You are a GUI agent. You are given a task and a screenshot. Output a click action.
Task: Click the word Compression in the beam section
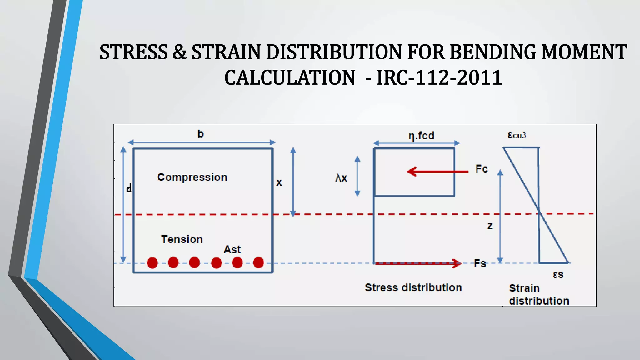coord(192,177)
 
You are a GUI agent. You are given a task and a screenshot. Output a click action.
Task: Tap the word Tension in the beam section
coord(182,239)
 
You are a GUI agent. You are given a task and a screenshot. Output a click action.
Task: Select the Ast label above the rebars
coord(232,249)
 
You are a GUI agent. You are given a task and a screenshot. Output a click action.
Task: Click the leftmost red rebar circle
coord(152,263)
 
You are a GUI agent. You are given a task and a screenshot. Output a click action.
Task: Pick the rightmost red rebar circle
coord(258,263)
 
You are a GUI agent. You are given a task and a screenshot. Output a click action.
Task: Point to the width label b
coord(201,134)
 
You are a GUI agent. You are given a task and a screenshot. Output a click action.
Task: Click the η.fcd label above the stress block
coord(421,136)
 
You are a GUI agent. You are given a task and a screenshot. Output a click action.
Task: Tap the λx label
coord(341,178)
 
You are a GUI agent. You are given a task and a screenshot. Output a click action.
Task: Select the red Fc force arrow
coord(437,172)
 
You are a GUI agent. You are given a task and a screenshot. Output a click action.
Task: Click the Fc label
coord(482,169)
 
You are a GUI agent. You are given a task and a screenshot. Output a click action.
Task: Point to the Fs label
coord(480,263)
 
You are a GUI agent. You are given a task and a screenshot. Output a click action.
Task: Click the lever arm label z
coord(490,226)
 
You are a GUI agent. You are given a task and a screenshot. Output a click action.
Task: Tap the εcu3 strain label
coord(517,135)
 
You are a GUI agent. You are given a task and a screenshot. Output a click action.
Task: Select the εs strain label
coord(558,275)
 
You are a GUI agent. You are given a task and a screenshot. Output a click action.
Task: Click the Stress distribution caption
coord(413,287)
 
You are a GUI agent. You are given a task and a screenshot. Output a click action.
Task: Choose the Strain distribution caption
coord(539,294)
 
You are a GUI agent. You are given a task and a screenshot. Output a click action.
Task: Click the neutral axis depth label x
coord(279,182)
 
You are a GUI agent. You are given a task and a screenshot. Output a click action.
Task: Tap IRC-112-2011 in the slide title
coord(439,77)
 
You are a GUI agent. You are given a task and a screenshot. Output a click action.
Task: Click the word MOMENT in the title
coord(584,52)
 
